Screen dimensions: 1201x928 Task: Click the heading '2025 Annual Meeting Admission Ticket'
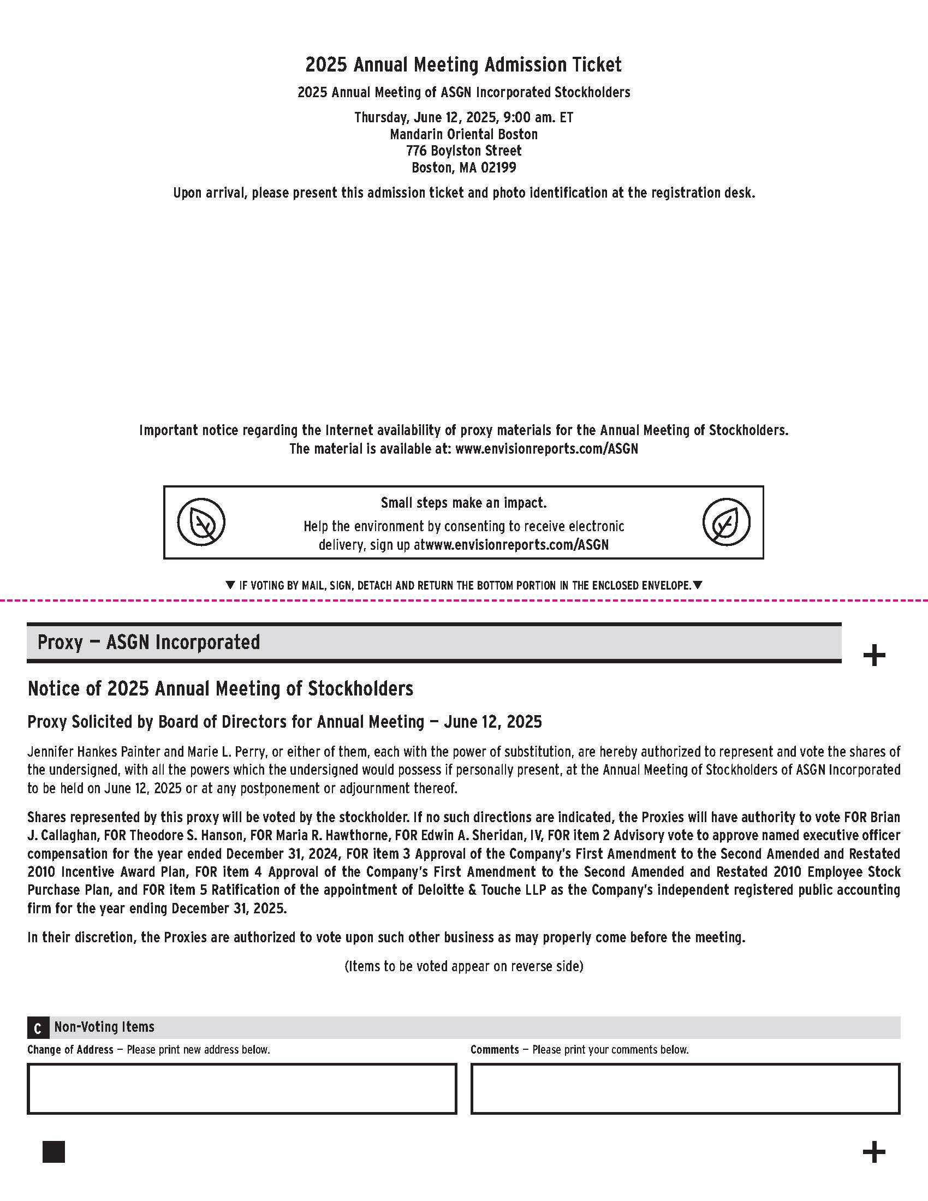[463, 65]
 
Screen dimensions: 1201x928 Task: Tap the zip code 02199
[498, 168]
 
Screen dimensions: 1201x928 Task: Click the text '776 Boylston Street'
[463, 151]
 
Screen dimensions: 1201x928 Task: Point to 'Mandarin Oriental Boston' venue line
[463, 134]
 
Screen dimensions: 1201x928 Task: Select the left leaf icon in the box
[201, 522]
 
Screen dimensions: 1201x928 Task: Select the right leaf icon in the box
[726, 522]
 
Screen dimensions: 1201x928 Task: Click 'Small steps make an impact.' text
[463, 503]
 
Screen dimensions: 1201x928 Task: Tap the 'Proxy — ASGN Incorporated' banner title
[148, 643]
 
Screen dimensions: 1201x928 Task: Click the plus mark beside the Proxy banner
[874, 656]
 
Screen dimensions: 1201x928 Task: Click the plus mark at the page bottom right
[874, 1152]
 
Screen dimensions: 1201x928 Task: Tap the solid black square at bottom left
[54, 1151]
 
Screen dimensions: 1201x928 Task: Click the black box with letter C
[37, 1028]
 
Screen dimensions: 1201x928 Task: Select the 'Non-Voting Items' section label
[104, 1027]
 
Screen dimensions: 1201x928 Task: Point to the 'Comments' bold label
[494, 1050]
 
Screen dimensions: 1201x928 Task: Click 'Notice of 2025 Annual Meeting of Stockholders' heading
[221, 688]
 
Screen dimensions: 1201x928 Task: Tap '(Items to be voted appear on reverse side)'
[463, 966]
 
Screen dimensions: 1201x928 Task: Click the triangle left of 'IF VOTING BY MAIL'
[230, 585]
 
